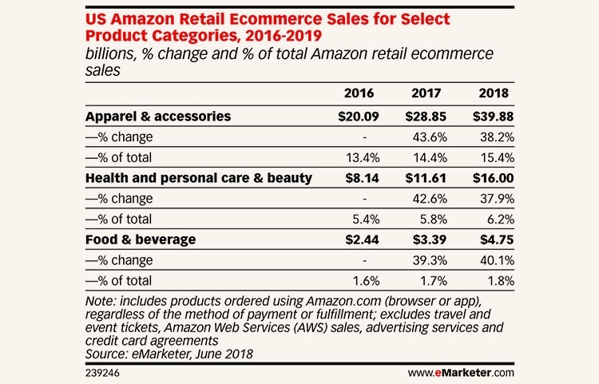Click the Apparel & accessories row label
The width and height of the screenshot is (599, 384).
click(x=157, y=116)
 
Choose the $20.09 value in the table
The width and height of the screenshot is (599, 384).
click(x=357, y=116)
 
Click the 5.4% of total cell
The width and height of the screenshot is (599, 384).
click(x=365, y=218)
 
